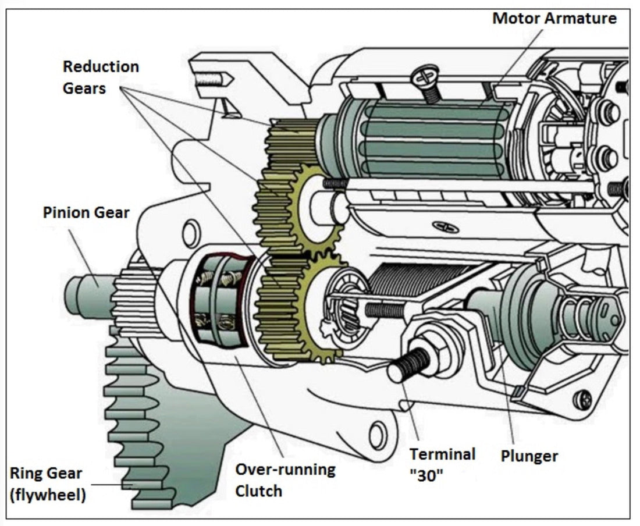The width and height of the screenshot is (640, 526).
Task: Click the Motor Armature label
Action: click(x=554, y=18)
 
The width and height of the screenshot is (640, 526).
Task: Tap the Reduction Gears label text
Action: click(x=101, y=77)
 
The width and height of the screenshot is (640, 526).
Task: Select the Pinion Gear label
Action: click(x=86, y=212)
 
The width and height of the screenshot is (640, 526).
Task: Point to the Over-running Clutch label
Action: click(x=285, y=480)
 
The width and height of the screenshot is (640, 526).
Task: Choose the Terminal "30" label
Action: click(x=442, y=463)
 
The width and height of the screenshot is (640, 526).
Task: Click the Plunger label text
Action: click(x=529, y=456)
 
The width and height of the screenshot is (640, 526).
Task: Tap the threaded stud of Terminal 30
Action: click(x=408, y=365)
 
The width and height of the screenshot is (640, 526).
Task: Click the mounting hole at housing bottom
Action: click(x=376, y=433)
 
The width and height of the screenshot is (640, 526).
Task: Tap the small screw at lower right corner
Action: click(x=582, y=399)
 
